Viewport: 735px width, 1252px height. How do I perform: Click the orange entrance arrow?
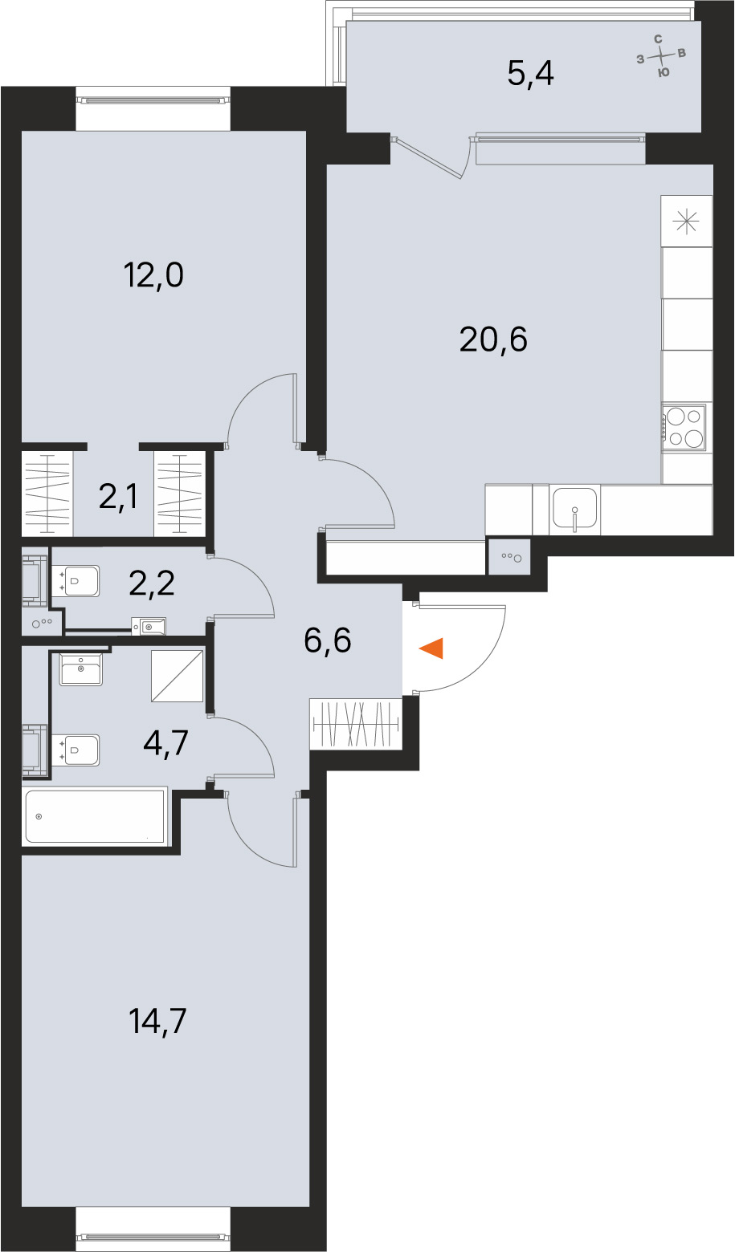[432, 648]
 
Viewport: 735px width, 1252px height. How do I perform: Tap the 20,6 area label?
[492, 339]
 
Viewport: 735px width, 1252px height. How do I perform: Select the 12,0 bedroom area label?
[153, 275]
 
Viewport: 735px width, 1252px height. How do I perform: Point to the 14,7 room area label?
[157, 1021]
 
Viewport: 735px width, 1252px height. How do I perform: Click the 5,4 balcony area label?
[531, 74]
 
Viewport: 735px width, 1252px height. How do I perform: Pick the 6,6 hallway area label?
[328, 640]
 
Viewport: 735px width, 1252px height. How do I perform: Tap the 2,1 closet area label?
[118, 497]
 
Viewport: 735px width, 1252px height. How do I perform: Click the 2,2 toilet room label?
[152, 584]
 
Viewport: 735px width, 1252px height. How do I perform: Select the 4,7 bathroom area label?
[165, 744]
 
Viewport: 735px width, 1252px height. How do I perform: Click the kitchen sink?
[575, 510]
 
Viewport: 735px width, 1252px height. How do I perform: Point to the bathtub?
[95, 816]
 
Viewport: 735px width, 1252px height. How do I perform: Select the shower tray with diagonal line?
[177, 676]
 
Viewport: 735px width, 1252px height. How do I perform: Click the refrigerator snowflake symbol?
[686, 222]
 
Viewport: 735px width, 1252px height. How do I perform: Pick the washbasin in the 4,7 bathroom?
[81, 669]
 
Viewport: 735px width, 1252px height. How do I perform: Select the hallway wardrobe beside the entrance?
[357, 726]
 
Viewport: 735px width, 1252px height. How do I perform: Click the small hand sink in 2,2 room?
[149, 627]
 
